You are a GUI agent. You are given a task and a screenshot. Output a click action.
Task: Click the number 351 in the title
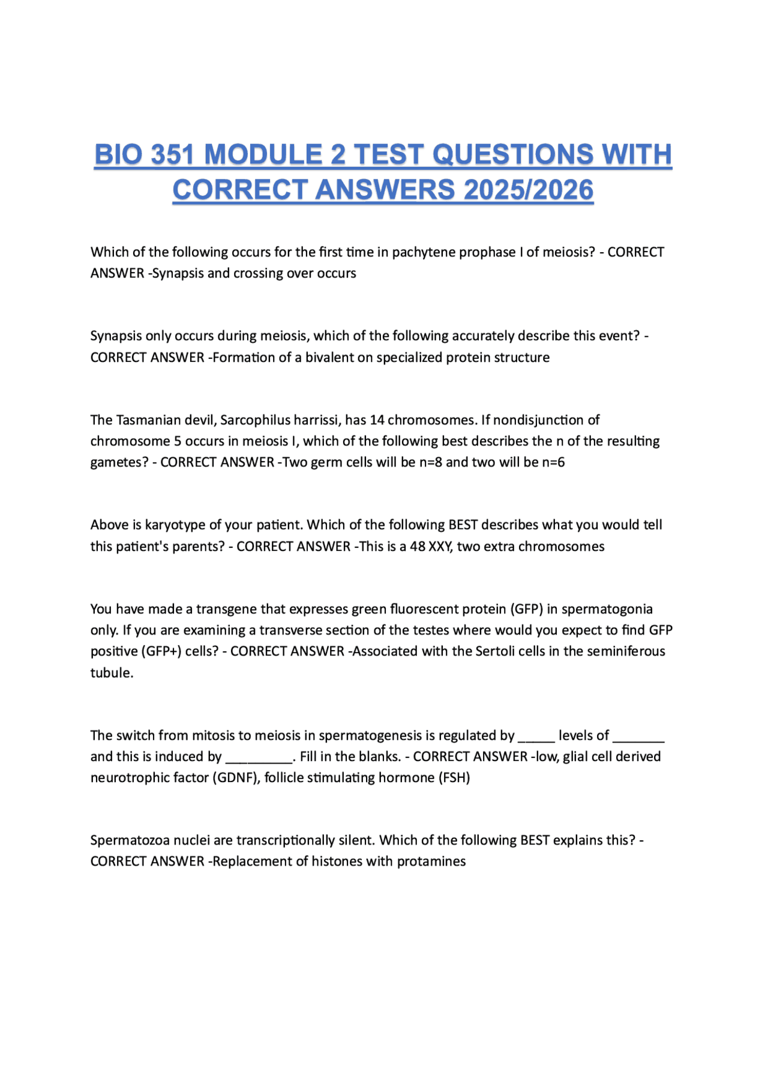click(x=173, y=155)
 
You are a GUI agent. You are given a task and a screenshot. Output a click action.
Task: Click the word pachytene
click(x=424, y=252)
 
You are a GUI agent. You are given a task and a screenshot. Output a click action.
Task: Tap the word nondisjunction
click(x=546, y=420)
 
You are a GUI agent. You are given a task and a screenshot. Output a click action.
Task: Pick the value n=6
click(x=552, y=462)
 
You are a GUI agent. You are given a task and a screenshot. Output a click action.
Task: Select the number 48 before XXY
click(x=418, y=547)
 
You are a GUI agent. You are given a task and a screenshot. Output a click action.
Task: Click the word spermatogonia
click(x=607, y=609)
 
